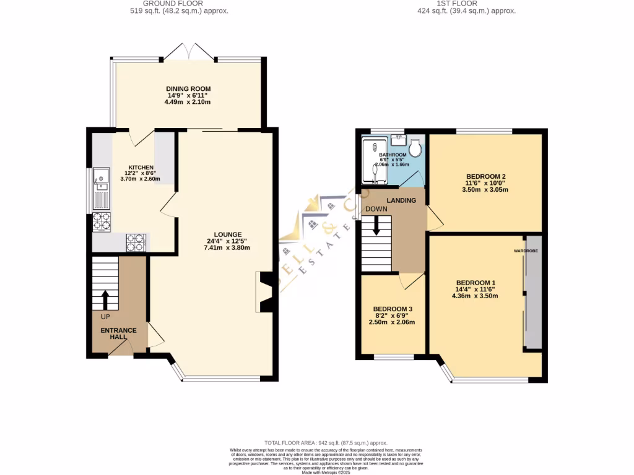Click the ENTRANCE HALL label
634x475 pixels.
pos(118,334)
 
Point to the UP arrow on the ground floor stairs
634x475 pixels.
pos(104,300)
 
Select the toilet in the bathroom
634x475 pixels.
pos(415,148)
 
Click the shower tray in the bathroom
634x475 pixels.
pos(375,161)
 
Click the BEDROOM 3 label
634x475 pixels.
pos(393,309)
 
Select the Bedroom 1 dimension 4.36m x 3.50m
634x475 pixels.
pos(475,296)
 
